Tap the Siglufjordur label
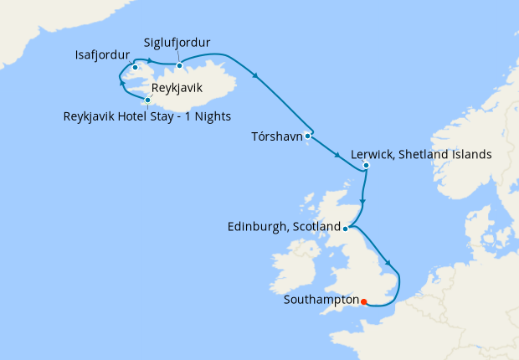177,42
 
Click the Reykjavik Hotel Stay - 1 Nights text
146,116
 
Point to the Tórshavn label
277,136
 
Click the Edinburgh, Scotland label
284,227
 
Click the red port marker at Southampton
363,301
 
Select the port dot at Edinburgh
346,227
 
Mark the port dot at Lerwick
366,166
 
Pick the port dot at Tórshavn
308,135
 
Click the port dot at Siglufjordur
179,65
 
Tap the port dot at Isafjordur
135,67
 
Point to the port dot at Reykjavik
147,100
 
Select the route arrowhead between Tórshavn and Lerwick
337,155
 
